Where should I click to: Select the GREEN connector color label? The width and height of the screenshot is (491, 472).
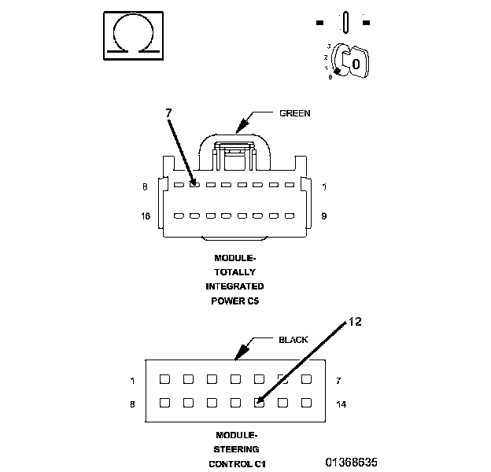click(295, 113)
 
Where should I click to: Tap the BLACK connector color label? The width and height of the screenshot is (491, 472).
click(293, 340)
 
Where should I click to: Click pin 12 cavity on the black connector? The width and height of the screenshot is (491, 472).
click(259, 403)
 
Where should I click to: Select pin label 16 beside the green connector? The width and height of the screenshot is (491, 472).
click(145, 214)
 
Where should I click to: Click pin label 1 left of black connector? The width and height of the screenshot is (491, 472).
click(132, 380)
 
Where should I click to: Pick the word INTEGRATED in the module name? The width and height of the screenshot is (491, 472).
click(234, 286)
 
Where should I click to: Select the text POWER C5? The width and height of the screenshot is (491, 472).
click(234, 300)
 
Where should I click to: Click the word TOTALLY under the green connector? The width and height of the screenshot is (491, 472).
click(234, 271)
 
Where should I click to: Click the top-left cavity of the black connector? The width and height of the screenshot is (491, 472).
click(164, 379)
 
